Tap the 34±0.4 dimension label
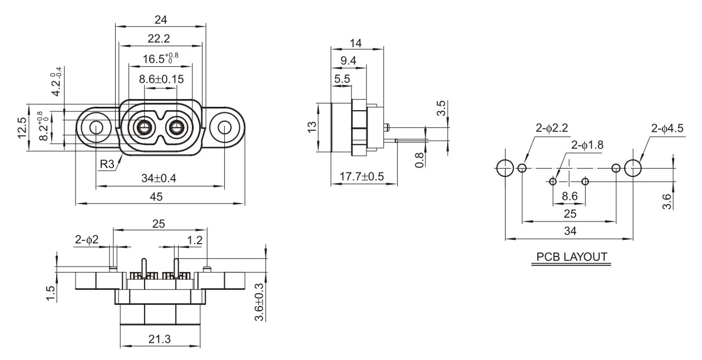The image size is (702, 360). tap(160, 178)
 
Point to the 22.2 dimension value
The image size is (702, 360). tap(159, 38)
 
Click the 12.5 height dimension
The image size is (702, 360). tap(21, 127)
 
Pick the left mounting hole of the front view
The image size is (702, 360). tap(96, 127)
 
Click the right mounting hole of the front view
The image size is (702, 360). tap(224, 127)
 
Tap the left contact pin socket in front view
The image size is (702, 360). tap(144, 127)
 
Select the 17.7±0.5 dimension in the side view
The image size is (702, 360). tap(364, 176)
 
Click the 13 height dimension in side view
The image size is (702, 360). tap(312, 127)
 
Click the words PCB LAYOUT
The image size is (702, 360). tap(572, 257)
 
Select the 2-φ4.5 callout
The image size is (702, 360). tap(667, 129)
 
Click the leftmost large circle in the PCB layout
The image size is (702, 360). tap(505, 168)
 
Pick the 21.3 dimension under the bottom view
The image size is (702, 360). tap(159, 339)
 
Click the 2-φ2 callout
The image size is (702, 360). tap(87, 240)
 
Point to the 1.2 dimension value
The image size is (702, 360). tap(195, 240)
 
